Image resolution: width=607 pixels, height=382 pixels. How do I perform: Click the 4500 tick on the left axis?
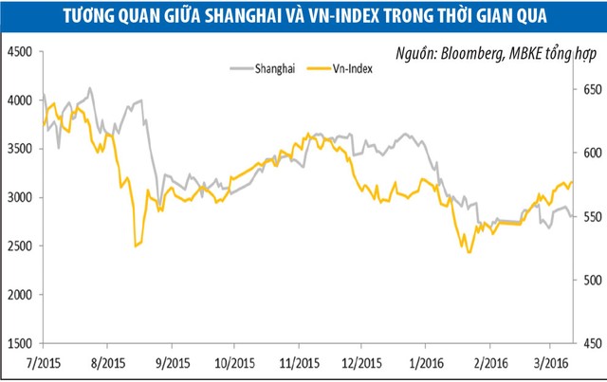tap(19, 50)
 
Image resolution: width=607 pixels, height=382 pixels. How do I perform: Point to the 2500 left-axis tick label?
tap(19, 246)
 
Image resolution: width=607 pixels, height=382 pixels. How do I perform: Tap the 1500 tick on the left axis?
tap(19, 343)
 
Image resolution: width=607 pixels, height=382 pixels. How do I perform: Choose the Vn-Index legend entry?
tap(349, 67)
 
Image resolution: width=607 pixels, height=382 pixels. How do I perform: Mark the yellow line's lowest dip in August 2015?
tap(136, 246)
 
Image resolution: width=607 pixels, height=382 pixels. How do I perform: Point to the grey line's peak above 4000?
tap(90, 89)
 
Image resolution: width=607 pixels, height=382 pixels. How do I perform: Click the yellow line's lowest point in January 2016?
tap(469, 251)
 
